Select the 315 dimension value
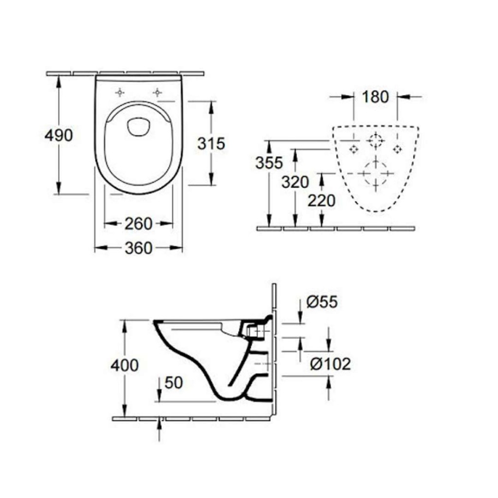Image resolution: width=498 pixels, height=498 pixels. pyautogui.click(x=211, y=143)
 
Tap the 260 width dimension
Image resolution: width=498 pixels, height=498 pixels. pyautogui.click(x=139, y=224)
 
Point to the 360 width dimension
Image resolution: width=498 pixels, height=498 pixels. pyautogui.click(x=139, y=249)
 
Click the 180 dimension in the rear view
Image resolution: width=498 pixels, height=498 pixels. pyautogui.click(x=375, y=97)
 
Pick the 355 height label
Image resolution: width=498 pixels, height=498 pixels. pyautogui.click(x=269, y=163)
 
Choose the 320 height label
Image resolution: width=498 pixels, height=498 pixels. pyautogui.click(x=295, y=182)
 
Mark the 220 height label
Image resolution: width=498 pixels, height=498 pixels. pyautogui.click(x=321, y=200)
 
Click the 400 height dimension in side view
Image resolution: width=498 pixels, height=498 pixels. pyautogui.click(x=125, y=365)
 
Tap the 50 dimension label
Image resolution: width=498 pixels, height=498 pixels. pyautogui.click(x=173, y=383)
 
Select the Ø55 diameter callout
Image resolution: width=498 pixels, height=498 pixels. pyautogui.click(x=322, y=302)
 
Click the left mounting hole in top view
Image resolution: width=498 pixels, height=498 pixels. pyautogui.click(x=120, y=92)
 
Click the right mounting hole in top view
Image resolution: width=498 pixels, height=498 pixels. pyautogui.click(x=157, y=92)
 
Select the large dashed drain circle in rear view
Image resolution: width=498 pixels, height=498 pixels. pyautogui.click(x=375, y=173)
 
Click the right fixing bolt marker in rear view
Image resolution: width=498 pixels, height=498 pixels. pyautogui.click(x=397, y=148)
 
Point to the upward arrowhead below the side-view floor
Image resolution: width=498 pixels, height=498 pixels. pyautogui.click(x=160, y=425)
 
